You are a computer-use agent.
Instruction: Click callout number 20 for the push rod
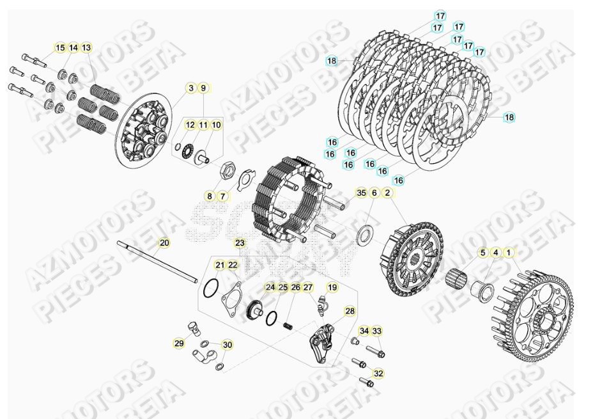164,243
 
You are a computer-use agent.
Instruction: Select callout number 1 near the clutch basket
508,253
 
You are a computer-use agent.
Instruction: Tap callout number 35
361,193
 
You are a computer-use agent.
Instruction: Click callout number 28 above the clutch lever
350,312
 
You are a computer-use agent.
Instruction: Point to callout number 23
239,243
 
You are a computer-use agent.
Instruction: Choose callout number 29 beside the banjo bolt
178,344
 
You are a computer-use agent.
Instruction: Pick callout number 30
228,345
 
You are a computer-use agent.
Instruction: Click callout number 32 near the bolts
378,374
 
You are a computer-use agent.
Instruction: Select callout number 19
332,287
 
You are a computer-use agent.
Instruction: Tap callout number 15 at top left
60,48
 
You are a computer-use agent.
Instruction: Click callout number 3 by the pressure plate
190,88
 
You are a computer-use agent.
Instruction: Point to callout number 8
210,196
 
